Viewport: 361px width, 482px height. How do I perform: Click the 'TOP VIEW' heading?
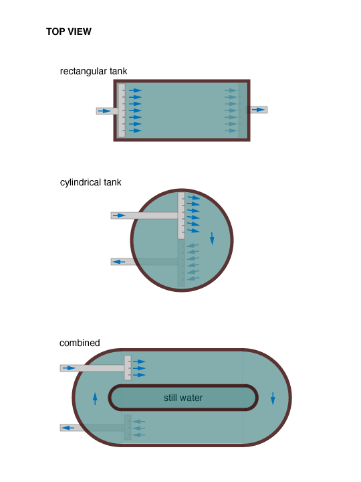tap(69, 31)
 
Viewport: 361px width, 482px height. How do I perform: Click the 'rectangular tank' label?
tap(94, 72)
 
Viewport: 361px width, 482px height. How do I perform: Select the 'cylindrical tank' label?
tap(90, 182)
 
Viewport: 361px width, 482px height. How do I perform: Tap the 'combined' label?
tap(80, 343)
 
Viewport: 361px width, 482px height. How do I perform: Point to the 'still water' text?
tap(183, 398)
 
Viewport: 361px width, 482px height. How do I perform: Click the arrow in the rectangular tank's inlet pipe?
tap(105, 111)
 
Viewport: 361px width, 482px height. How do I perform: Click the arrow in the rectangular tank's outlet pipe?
tap(258, 110)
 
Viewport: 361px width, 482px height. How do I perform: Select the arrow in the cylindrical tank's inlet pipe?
tap(119, 216)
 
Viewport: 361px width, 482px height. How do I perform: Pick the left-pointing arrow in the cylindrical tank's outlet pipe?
tap(119, 262)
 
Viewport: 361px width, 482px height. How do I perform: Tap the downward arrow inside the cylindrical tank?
tap(212, 238)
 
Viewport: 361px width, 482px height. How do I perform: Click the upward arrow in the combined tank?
tap(95, 398)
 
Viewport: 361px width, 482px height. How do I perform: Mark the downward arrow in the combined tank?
tap(273, 398)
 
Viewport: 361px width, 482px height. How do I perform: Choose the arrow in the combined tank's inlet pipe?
tap(69, 368)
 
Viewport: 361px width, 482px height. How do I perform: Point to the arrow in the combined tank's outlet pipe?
tap(68, 428)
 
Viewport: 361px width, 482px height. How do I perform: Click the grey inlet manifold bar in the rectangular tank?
tap(122, 110)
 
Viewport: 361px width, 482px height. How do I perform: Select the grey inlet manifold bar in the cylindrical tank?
tap(181, 216)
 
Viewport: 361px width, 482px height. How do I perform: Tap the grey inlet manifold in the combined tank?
tap(128, 368)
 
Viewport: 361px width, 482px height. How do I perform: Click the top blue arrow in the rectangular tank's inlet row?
tap(135, 90)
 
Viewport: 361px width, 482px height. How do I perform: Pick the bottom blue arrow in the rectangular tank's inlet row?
tap(135, 131)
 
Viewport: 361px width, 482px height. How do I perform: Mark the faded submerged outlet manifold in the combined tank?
tap(128, 427)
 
